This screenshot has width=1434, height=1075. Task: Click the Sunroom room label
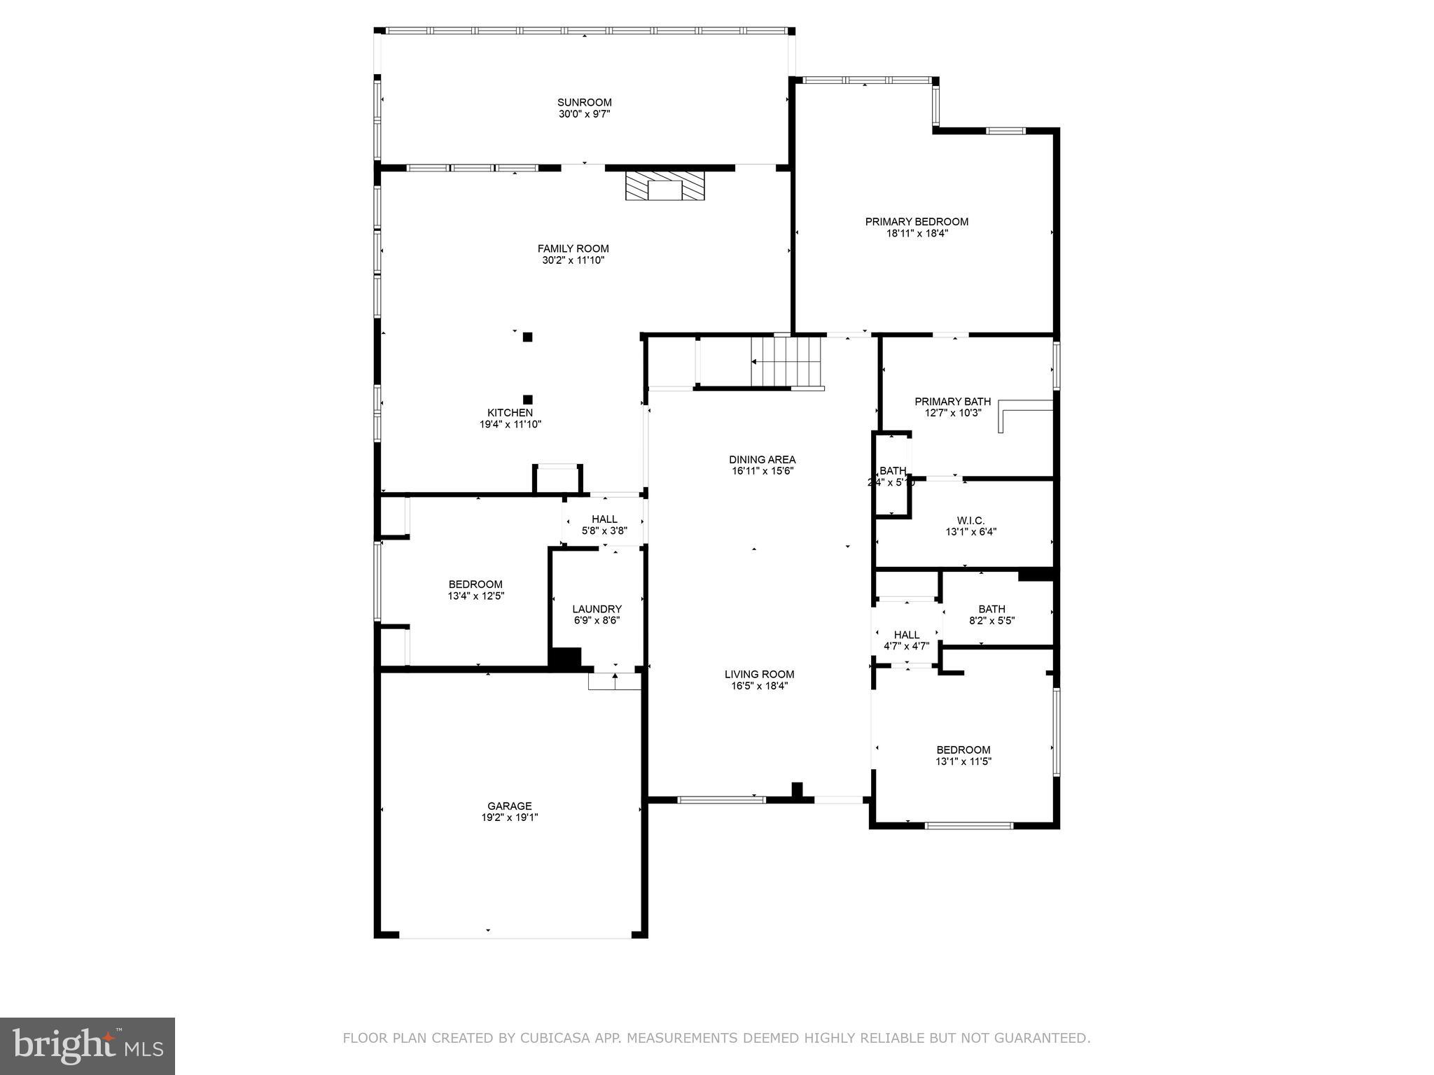[x=584, y=102]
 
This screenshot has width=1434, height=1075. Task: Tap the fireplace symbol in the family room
[x=664, y=187]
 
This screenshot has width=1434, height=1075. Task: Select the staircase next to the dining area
[x=786, y=362]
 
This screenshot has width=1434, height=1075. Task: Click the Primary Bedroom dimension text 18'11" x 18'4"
[x=917, y=234]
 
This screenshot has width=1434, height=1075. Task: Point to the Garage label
[x=510, y=806]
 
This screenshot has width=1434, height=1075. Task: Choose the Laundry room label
[x=597, y=609]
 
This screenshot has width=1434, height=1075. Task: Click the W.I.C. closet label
[x=970, y=521]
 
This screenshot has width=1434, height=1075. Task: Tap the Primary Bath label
[x=952, y=402]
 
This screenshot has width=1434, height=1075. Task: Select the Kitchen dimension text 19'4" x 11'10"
[x=510, y=424]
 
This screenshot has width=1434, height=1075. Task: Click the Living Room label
[x=759, y=675]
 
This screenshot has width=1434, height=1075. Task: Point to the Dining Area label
[x=762, y=460]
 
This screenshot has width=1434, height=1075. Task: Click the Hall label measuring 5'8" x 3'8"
[x=604, y=519]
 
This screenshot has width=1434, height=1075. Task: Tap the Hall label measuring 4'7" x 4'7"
[x=906, y=635]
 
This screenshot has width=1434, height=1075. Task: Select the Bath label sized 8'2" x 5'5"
[x=991, y=609]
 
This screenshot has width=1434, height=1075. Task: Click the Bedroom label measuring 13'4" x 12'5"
[x=475, y=584]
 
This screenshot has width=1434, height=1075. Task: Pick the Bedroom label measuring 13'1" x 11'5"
[x=963, y=750]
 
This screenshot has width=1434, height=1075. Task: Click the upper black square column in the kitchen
[x=527, y=337]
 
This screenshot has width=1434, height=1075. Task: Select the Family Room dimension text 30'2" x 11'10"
[x=573, y=260]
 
